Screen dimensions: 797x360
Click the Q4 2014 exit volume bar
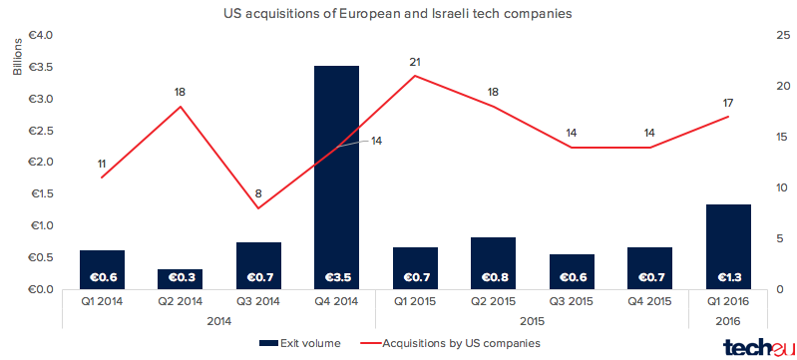[336, 178]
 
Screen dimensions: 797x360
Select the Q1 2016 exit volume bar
[728, 247]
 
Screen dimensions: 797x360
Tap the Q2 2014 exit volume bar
[180, 279]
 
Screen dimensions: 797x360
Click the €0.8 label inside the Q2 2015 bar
[493, 277]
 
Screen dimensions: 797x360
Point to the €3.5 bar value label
[336, 277]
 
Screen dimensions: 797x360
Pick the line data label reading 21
[415, 63]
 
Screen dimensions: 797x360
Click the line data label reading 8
[258, 193]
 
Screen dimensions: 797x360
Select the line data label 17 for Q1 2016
[727, 104]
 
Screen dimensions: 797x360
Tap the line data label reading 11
[102, 164]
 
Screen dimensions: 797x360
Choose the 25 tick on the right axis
[783, 35]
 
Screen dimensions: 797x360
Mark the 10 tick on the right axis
[783, 187]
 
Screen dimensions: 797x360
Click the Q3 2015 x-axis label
[572, 301]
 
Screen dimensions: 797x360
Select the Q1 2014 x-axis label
[102, 301]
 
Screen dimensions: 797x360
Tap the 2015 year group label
[533, 321]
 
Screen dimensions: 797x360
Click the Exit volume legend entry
[300, 343]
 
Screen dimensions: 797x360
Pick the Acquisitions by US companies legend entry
[450, 343]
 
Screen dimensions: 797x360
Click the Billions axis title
[18, 57]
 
